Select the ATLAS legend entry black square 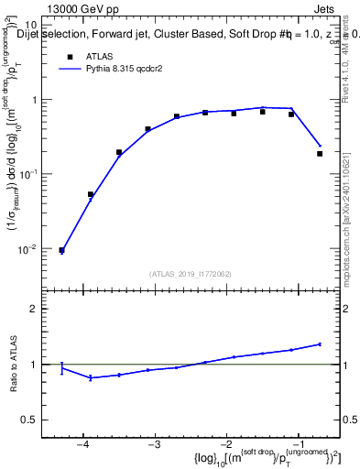point(70,56)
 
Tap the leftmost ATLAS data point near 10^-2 point(61,250)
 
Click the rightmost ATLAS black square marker point(320,154)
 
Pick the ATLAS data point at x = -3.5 point(119,152)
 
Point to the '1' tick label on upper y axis point(44,100)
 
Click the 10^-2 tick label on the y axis point(38,248)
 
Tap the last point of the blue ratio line point(320,344)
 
